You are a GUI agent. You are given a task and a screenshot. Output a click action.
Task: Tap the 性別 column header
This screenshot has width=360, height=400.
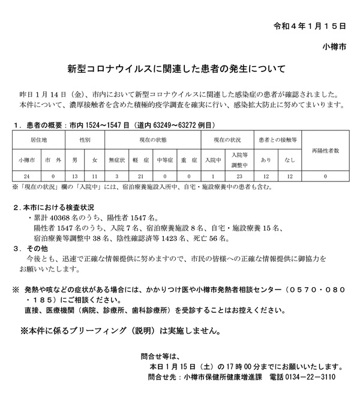point(85,139)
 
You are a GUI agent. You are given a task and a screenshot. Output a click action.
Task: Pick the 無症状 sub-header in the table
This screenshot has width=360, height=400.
point(116,160)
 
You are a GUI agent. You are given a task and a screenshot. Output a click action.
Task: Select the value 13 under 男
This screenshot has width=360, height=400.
point(74,176)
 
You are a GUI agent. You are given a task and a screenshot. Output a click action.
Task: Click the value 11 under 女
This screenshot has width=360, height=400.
point(95,176)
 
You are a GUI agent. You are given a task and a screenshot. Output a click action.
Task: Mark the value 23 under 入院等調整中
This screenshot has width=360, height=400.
point(239,176)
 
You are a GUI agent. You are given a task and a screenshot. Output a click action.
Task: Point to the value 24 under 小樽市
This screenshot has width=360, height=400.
point(26,176)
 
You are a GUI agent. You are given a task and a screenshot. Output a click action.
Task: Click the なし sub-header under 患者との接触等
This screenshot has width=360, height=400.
point(290,160)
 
